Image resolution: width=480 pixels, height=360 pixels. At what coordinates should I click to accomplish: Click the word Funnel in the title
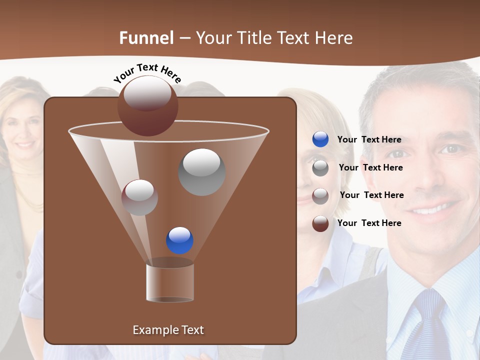click(146, 38)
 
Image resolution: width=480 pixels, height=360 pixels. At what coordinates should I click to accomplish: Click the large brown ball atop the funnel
click(147, 106)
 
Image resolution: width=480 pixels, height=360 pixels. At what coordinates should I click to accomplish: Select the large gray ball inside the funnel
click(201, 172)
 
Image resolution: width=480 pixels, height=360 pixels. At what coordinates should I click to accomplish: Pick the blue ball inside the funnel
click(179, 240)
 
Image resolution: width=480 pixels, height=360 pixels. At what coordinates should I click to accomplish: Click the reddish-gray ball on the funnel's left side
click(139, 197)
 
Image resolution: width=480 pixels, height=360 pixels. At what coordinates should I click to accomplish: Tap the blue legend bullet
click(320, 139)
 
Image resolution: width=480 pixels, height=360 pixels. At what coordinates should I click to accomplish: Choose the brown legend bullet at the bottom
click(320, 223)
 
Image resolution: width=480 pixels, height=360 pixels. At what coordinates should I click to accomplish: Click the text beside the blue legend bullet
click(369, 139)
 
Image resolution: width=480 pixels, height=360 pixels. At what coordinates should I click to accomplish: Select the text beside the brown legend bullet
click(369, 223)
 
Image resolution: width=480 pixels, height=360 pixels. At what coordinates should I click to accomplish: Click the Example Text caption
click(168, 330)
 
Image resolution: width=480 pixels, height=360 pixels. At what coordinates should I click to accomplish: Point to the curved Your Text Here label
click(147, 73)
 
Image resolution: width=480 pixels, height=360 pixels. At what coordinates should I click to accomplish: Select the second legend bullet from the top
click(320, 168)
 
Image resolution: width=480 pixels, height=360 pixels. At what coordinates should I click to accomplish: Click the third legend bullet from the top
click(320, 195)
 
